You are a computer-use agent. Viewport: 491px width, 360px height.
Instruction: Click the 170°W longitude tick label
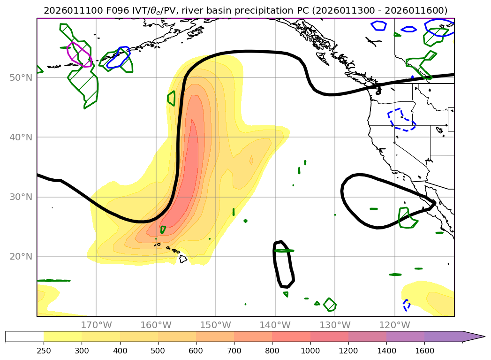(x=96, y=325)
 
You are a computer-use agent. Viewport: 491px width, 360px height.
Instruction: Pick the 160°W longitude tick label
(x=156, y=325)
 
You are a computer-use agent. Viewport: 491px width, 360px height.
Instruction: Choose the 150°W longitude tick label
(x=216, y=325)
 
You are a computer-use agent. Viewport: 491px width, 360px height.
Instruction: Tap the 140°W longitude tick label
(x=275, y=325)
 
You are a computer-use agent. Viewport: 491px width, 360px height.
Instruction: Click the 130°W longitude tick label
(x=335, y=325)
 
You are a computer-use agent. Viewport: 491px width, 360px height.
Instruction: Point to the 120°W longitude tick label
(x=394, y=325)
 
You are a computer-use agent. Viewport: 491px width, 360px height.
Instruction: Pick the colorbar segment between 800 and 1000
(x=291, y=336)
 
